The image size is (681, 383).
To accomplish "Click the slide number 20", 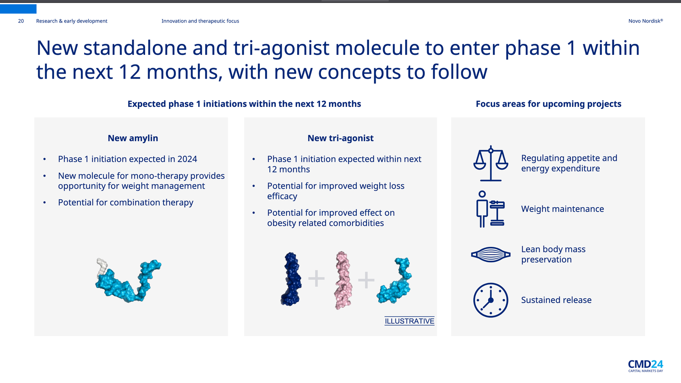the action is (x=21, y=21).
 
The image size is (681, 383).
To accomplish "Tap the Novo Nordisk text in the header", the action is (x=645, y=21).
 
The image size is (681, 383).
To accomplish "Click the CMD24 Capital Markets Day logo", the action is (x=645, y=366).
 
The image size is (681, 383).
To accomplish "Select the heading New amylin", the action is (x=133, y=138).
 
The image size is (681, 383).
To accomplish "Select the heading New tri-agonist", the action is (x=340, y=138).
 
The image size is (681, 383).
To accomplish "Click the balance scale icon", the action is (x=491, y=163).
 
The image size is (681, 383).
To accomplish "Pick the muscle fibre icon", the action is (x=491, y=254).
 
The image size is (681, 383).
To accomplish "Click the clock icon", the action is (x=491, y=300).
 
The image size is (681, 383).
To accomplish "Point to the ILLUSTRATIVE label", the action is (x=409, y=321).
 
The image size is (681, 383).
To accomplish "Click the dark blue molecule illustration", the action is (x=291, y=279).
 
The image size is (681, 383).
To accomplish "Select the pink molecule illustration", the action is (x=343, y=280).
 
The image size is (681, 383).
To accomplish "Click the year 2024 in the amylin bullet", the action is (x=187, y=159).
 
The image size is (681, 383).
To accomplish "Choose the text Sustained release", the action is (x=556, y=300).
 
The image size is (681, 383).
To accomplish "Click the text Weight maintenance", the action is (x=562, y=209).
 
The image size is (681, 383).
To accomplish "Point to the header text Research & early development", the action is (x=72, y=21).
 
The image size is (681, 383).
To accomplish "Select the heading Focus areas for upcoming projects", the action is (x=549, y=104).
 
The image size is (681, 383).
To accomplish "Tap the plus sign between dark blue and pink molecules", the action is (x=317, y=278).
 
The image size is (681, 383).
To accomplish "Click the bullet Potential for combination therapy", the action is (x=126, y=203).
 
